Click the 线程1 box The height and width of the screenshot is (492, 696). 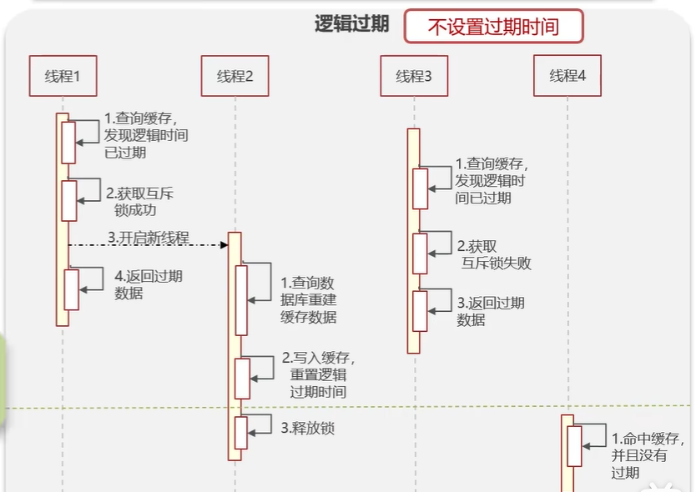[63, 76]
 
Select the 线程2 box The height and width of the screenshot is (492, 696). [235, 76]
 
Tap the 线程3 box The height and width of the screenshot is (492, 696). [413, 76]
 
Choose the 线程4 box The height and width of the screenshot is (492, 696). [567, 76]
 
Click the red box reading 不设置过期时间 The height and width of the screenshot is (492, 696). [493, 27]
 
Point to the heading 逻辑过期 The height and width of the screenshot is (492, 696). [351, 23]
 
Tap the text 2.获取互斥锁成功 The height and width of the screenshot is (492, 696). [139, 202]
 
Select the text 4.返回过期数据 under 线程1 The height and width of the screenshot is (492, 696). [148, 284]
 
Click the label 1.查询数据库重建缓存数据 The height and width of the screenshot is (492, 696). [309, 299]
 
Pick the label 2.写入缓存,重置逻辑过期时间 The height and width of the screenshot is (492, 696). [318, 374]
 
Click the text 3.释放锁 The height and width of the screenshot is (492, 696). [307, 429]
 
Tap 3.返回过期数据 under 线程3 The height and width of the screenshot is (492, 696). [491, 310]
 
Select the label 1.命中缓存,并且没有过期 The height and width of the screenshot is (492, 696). [648, 455]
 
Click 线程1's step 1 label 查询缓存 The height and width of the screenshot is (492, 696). [146, 135]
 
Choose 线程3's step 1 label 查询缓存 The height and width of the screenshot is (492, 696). [492, 181]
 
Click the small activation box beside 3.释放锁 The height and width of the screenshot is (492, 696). [241, 432]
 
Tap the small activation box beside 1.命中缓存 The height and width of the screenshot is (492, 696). [574, 446]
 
